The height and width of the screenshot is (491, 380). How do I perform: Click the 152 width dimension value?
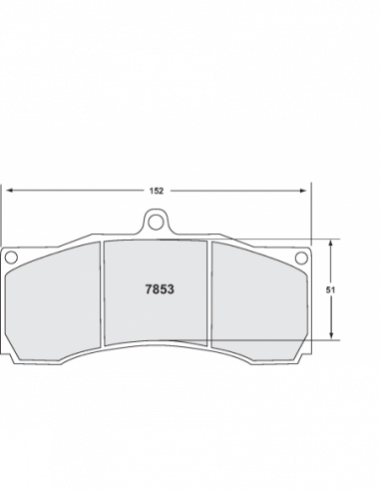click(157, 191)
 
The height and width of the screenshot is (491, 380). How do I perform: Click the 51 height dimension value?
click(330, 290)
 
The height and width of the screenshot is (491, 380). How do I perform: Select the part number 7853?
click(160, 289)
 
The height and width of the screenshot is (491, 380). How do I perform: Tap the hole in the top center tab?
click(156, 223)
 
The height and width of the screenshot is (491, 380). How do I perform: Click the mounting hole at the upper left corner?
click(11, 257)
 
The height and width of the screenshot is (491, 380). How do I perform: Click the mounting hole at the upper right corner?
click(301, 257)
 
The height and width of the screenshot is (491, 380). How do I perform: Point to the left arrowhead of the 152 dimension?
click(9, 191)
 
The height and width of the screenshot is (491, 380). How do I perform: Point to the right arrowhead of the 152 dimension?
click(303, 191)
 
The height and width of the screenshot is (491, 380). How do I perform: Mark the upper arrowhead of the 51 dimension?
click(330, 244)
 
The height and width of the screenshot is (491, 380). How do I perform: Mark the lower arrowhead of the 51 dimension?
click(331, 335)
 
